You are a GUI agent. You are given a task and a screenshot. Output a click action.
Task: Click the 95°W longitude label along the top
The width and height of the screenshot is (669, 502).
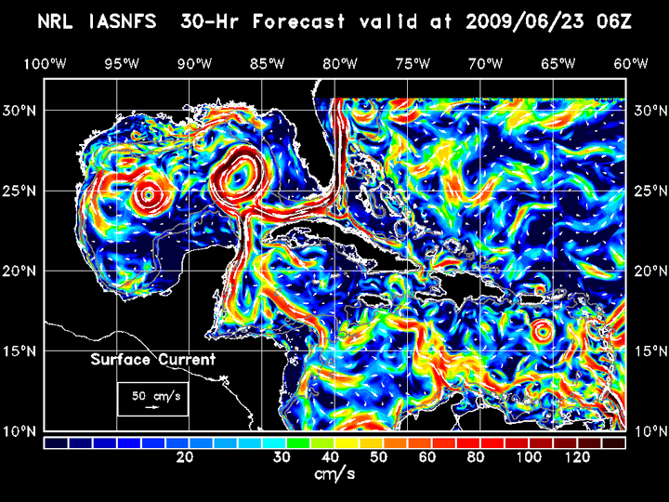tap(122, 63)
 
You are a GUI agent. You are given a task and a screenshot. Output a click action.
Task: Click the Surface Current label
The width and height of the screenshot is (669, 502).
tap(152, 360)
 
